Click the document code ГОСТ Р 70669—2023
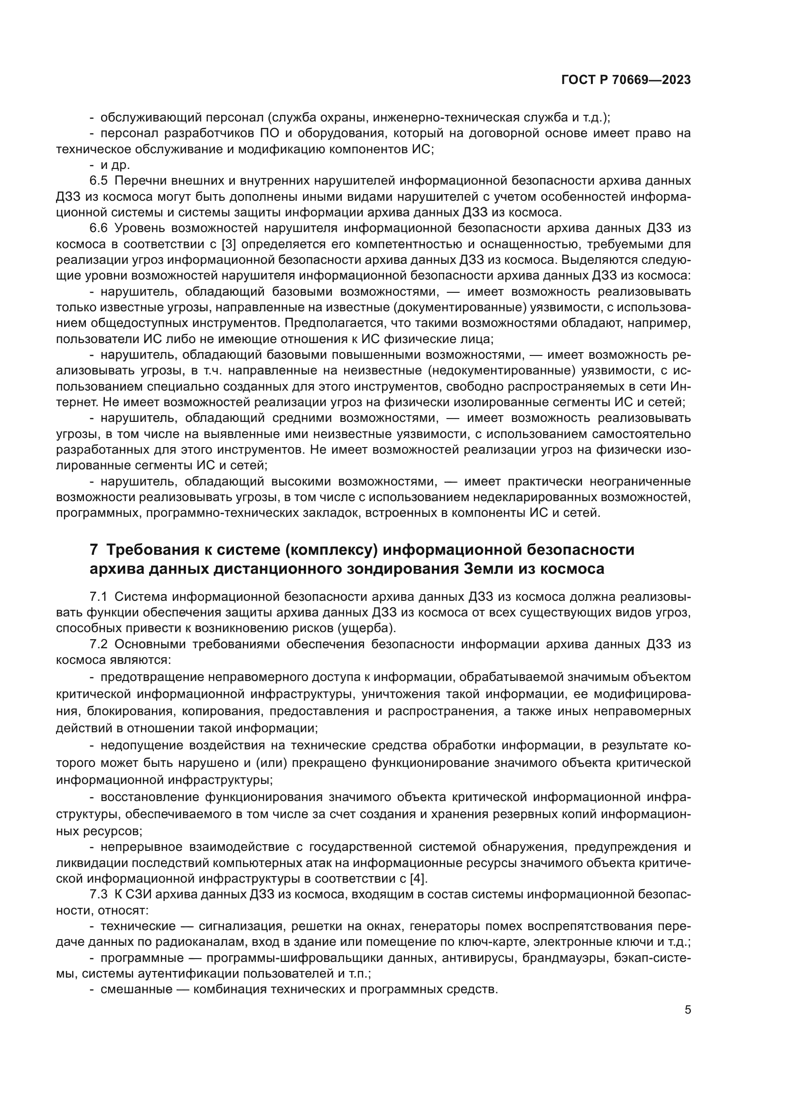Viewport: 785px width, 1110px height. click(x=626, y=80)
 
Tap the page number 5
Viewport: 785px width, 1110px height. click(x=688, y=1010)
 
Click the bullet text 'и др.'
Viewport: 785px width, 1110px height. click(x=115, y=165)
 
